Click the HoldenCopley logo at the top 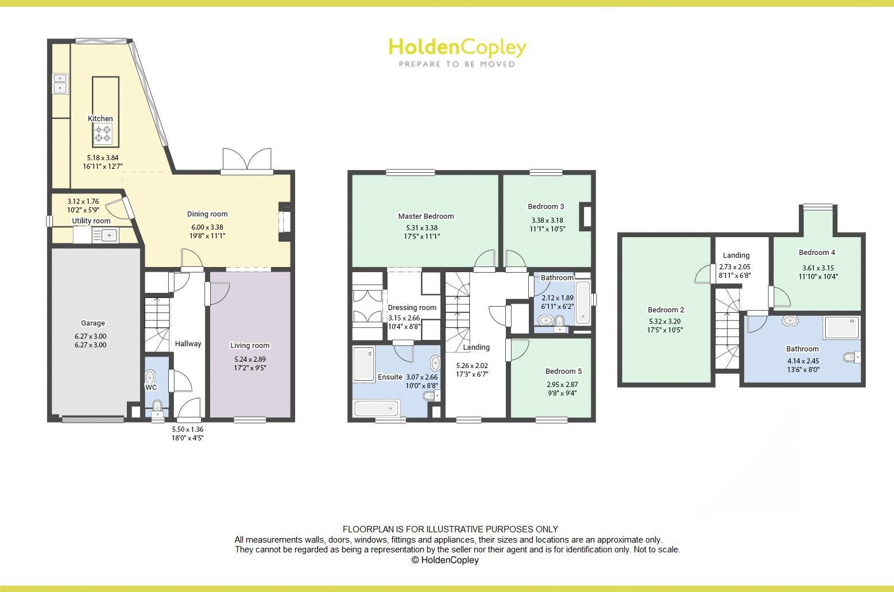pos(457,52)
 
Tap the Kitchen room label pos(100,119)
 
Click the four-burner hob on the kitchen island pos(103,134)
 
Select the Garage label pos(92,323)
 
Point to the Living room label pos(250,346)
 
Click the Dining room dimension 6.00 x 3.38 pos(207,227)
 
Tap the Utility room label pos(91,221)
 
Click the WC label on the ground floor pos(151,388)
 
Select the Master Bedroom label pos(426,216)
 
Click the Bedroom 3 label pos(546,207)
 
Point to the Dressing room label pos(412,308)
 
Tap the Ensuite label pos(390,377)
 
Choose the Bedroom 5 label pos(563,372)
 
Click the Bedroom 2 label pos(666,310)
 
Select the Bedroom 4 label pos(816,253)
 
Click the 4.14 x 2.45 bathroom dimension pos(802,361)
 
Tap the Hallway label pos(188,344)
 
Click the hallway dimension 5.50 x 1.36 pos(188,430)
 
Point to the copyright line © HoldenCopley pos(445,560)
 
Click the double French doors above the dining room pos(247,160)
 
